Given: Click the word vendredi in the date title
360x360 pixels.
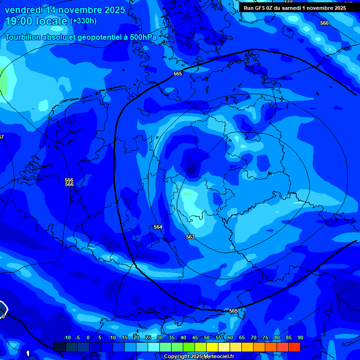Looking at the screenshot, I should tap(24, 10).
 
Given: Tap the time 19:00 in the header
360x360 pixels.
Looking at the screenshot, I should tap(19, 21).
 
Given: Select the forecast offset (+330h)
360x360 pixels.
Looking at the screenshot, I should tap(83, 21).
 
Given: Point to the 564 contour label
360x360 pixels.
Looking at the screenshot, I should tap(158, 227).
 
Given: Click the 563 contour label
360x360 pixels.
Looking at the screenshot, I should tap(190, 237).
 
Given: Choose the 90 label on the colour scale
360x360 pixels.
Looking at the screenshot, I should tap(300, 338).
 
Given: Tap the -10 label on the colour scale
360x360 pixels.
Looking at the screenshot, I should tap(67, 338).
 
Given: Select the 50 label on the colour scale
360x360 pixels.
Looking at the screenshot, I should tap(207, 338).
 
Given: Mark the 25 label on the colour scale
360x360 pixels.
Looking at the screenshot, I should tap(148, 338).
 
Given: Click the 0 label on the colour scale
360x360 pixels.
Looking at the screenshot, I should tap(88, 338).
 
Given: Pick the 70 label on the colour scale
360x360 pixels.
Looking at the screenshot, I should tap(254, 338).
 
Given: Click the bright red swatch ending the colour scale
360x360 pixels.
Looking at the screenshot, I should tap(294, 347).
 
